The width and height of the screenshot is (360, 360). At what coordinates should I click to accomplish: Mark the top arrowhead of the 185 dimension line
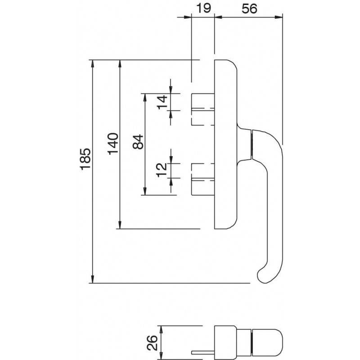[x=92, y=63]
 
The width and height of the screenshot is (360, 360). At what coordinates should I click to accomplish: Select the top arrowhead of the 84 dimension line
[x=144, y=97]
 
